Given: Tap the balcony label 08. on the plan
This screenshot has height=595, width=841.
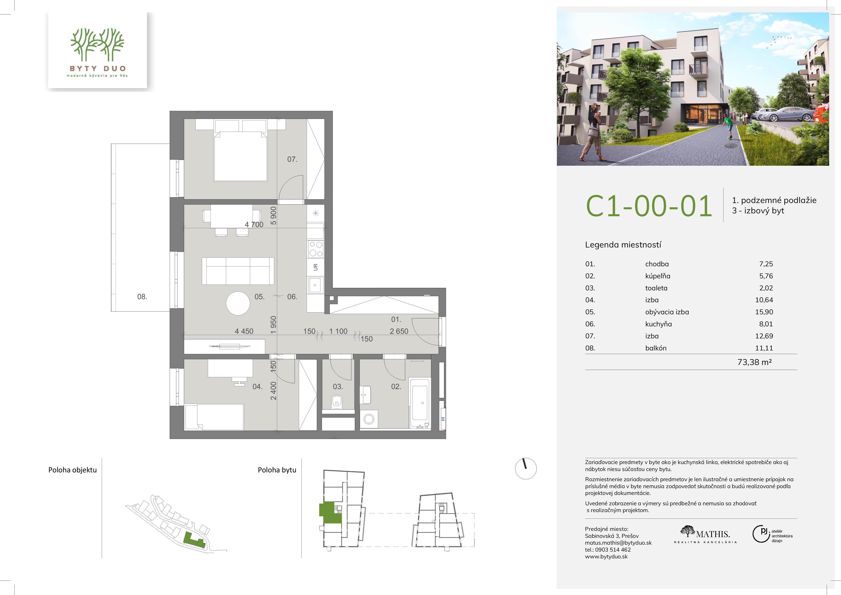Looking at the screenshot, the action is point(142,297).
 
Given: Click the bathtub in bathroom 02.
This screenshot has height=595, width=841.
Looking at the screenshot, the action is point(420,403).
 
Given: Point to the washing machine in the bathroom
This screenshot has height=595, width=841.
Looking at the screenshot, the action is point(369,419).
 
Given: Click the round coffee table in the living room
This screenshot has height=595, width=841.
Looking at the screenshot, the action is point(238,303).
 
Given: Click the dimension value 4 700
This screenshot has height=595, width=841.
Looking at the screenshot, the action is point(254,225).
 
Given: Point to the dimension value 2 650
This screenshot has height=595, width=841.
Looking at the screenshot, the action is point(399,331).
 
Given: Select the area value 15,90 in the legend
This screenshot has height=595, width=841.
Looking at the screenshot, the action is point(764,312).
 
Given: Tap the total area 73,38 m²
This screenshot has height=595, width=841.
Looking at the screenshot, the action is point(755,362).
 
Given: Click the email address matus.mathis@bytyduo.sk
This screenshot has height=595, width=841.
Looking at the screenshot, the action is point(618,543).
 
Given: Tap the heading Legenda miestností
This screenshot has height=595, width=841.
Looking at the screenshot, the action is point(623,245).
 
